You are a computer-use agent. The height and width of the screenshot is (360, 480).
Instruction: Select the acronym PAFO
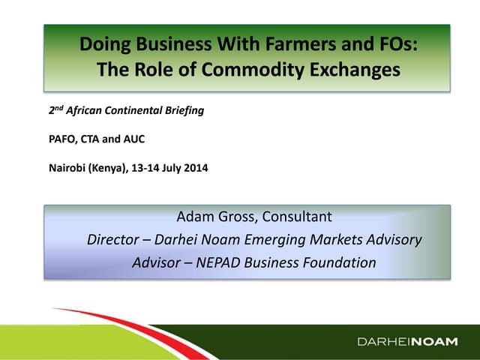point(62,139)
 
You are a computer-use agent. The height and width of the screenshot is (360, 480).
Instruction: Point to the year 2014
point(196,168)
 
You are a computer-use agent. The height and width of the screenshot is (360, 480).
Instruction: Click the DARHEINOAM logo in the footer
point(407,342)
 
